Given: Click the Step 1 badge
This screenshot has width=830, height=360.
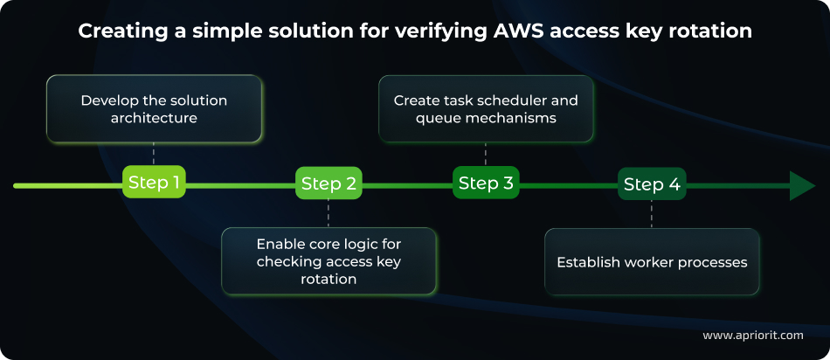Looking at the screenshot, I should (154, 183).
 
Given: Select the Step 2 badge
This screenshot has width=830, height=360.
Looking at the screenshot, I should (329, 184).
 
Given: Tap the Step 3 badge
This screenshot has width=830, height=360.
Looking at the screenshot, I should (486, 183).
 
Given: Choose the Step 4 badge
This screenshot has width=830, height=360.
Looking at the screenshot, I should (650, 184).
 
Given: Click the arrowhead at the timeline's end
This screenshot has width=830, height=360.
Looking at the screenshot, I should (801, 185).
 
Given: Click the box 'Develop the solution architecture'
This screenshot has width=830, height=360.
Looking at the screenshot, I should (154, 109).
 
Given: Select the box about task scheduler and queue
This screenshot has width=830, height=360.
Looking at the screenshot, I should (486, 109).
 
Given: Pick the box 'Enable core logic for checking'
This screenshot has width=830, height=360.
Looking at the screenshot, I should (329, 261).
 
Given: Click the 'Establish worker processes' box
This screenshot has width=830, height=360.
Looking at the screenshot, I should (652, 261).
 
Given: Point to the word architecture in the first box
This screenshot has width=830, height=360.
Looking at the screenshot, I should (154, 118).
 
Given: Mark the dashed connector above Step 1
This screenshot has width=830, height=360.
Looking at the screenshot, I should (154, 154).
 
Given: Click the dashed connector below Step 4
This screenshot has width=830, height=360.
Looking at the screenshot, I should (651, 214).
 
